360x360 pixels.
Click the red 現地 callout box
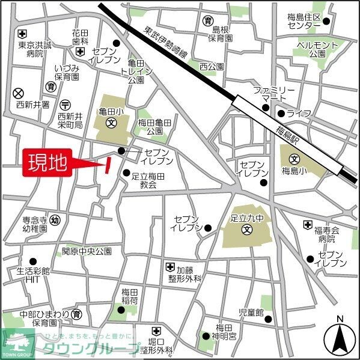[x=47, y=162]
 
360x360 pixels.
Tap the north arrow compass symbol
[x=340, y=338]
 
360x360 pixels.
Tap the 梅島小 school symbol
[x=294, y=160]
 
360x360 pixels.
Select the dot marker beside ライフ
[x=281, y=113]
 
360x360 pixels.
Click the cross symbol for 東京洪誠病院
[x=22, y=33]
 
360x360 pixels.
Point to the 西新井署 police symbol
[x=19, y=93]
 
